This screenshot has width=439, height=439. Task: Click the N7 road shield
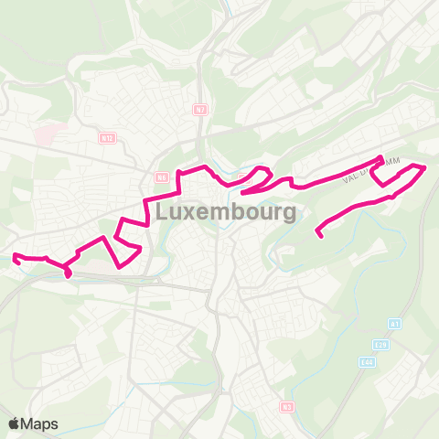200,111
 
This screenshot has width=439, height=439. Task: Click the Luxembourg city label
226,213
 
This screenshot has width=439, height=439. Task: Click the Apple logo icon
15,423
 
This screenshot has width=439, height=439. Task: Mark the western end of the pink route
16,260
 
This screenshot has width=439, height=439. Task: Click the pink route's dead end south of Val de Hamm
319,236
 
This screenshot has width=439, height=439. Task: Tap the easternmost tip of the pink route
425,167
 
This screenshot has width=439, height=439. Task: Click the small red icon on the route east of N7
243,177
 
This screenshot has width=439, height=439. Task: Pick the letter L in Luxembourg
164,213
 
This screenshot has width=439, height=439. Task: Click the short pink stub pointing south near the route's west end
69,273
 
